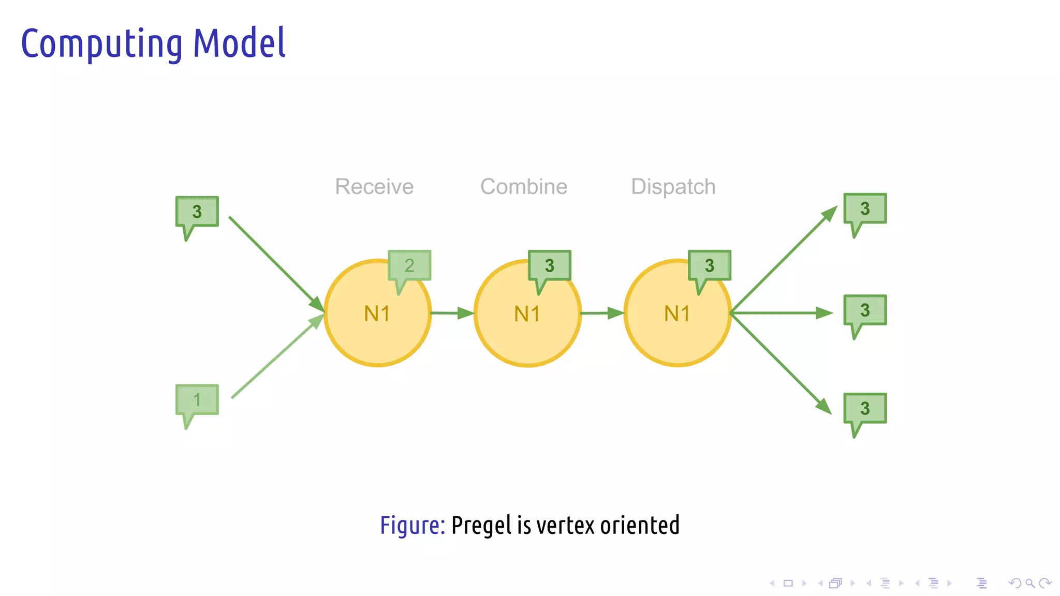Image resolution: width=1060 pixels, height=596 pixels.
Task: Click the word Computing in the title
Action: point(101,44)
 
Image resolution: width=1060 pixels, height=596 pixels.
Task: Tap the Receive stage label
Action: point(374,187)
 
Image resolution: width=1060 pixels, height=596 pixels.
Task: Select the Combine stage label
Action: point(524,187)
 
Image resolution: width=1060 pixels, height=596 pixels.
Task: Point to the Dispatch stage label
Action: point(673,187)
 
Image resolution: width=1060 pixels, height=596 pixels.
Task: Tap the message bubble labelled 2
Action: point(409,265)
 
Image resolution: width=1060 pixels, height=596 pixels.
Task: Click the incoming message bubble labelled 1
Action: point(197,399)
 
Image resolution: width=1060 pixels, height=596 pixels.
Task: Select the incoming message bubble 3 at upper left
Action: point(197,211)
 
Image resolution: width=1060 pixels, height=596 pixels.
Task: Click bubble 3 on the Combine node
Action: point(550,265)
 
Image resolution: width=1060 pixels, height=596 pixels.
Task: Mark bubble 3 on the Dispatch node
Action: point(710,265)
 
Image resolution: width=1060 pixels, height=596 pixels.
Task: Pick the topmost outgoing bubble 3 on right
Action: point(865,208)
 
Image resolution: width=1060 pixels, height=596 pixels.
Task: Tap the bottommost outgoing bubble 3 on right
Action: point(865,408)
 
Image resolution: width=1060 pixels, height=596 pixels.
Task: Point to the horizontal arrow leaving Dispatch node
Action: point(782,313)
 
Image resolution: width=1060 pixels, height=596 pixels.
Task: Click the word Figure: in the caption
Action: point(412,526)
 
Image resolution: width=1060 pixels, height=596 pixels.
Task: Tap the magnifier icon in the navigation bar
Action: point(1030,584)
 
